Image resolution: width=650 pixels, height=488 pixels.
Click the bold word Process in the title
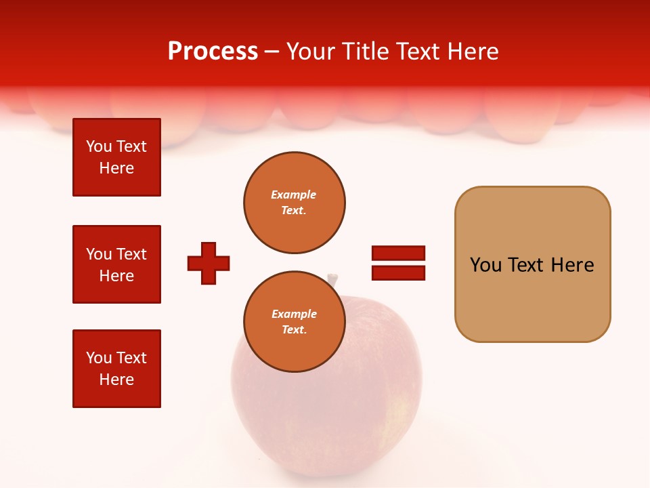(213, 51)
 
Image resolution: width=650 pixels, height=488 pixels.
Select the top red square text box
(116, 157)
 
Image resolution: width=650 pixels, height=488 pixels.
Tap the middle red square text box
(116, 264)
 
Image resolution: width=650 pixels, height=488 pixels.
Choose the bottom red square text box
(116, 369)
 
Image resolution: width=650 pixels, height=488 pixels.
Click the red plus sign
(209, 263)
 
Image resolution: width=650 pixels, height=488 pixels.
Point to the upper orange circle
(294, 203)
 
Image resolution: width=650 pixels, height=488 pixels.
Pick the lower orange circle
(294, 322)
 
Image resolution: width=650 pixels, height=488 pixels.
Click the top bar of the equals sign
(398, 253)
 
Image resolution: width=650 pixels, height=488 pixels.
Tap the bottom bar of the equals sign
(398, 272)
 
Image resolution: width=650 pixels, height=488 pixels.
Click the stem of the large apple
(332, 279)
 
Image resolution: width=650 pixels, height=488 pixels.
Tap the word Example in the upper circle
(294, 195)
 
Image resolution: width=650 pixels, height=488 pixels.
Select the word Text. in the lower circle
(294, 330)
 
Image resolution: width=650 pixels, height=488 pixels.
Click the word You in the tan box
(485, 265)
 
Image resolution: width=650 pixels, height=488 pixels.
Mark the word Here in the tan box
(572, 265)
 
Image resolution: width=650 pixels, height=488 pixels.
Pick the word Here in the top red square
(116, 168)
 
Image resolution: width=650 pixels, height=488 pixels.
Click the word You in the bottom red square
(99, 358)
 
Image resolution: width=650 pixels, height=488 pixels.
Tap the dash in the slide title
(272, 52)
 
